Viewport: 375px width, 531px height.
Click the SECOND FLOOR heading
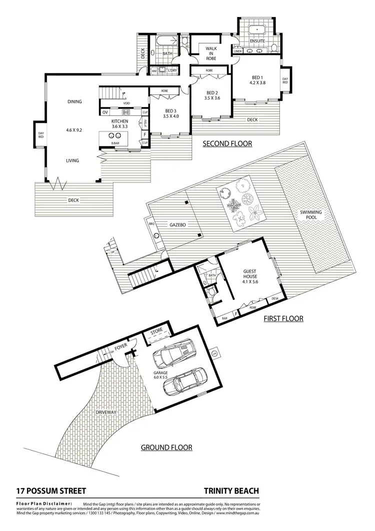(x=227, y=144)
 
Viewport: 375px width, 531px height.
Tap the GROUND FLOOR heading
(x=166, y=447)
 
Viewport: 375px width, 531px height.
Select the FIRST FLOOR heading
(x=283, y=318)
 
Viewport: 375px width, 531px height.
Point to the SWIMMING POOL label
(x=311, y=215)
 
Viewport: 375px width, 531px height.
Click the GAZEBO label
(x=177, y=225)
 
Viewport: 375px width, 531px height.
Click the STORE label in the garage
(x=157, y=332)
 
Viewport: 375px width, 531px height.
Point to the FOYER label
(x=120, y=346)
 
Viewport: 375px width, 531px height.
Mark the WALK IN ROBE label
(x=209, y=52)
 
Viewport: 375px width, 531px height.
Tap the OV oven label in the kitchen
(x=105, y=112)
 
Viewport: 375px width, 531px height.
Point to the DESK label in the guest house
(x=275, y=298)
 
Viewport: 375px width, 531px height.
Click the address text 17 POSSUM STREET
(x=51, y=491)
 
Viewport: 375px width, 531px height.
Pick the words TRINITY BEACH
(x=231, y=491)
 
